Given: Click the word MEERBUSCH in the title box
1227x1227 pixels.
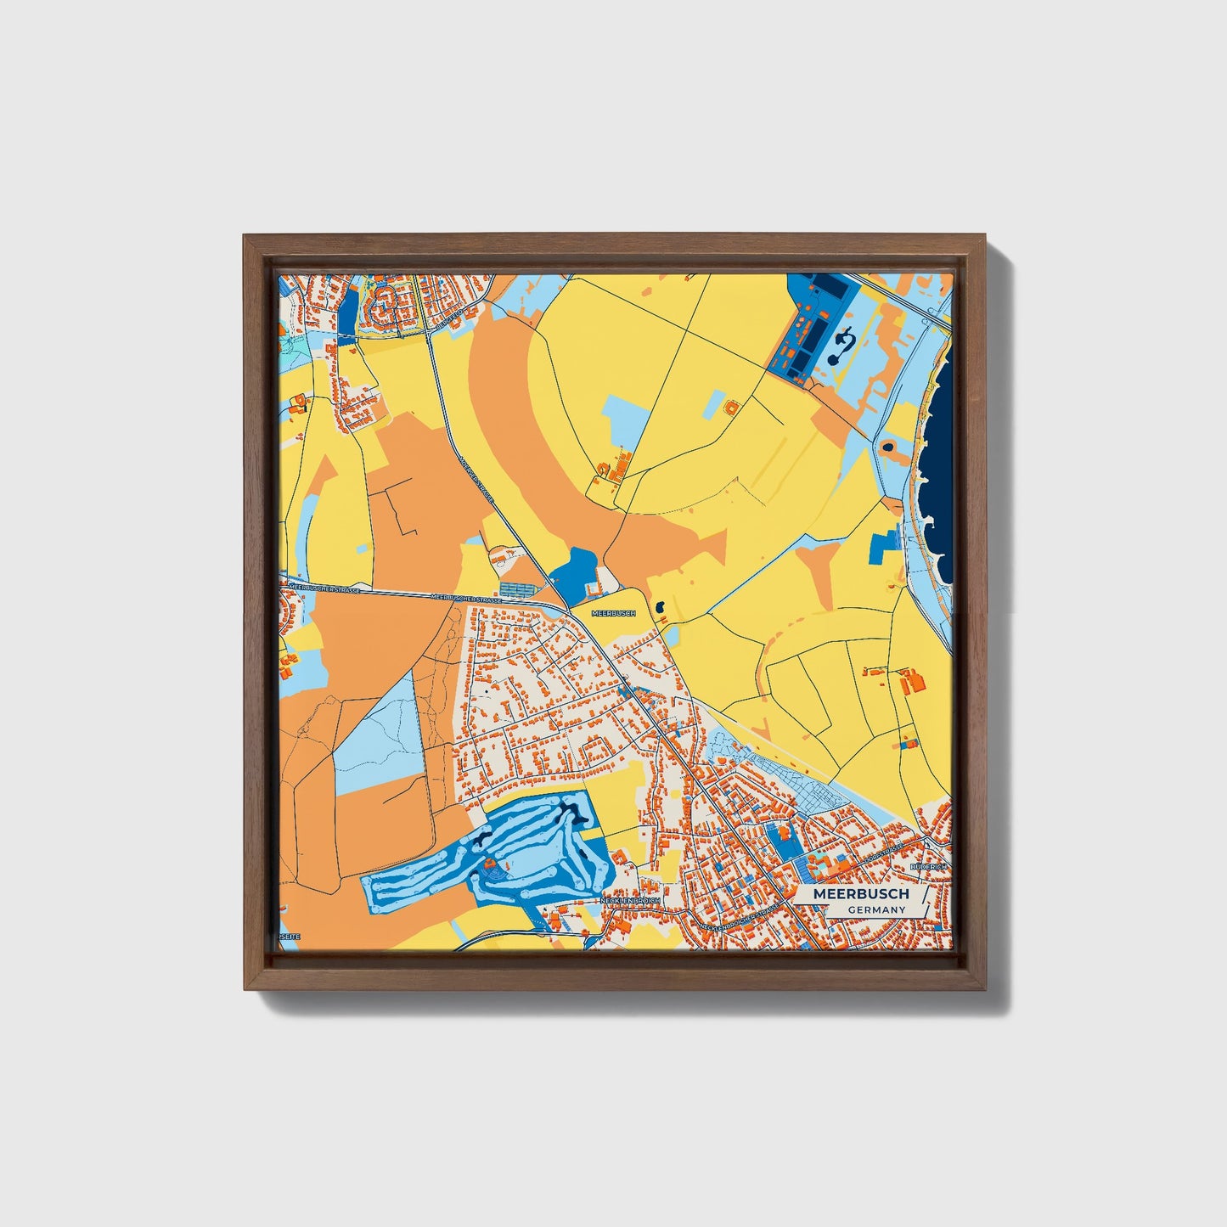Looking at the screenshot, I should point(861,894).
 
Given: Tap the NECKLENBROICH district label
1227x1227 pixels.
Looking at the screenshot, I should point(629,899).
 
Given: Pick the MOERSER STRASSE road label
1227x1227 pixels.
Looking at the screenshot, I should point(476,481).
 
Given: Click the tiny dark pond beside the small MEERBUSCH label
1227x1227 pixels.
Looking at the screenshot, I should point(660,608).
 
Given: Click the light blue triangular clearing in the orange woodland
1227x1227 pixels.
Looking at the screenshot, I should point(380,739).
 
